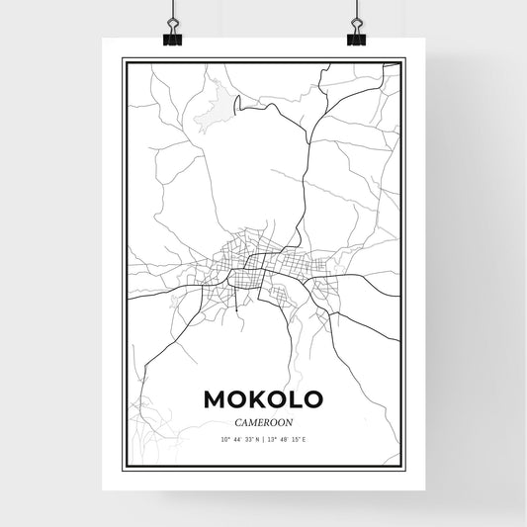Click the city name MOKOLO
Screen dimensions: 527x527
(x=262, y=398)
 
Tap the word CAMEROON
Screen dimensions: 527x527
(x=262, y=419)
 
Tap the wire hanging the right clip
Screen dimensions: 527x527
(x=356, y=12)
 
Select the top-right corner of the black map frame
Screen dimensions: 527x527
(x=404, y=59)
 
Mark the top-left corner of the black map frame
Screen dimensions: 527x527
(x=123, y=59)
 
